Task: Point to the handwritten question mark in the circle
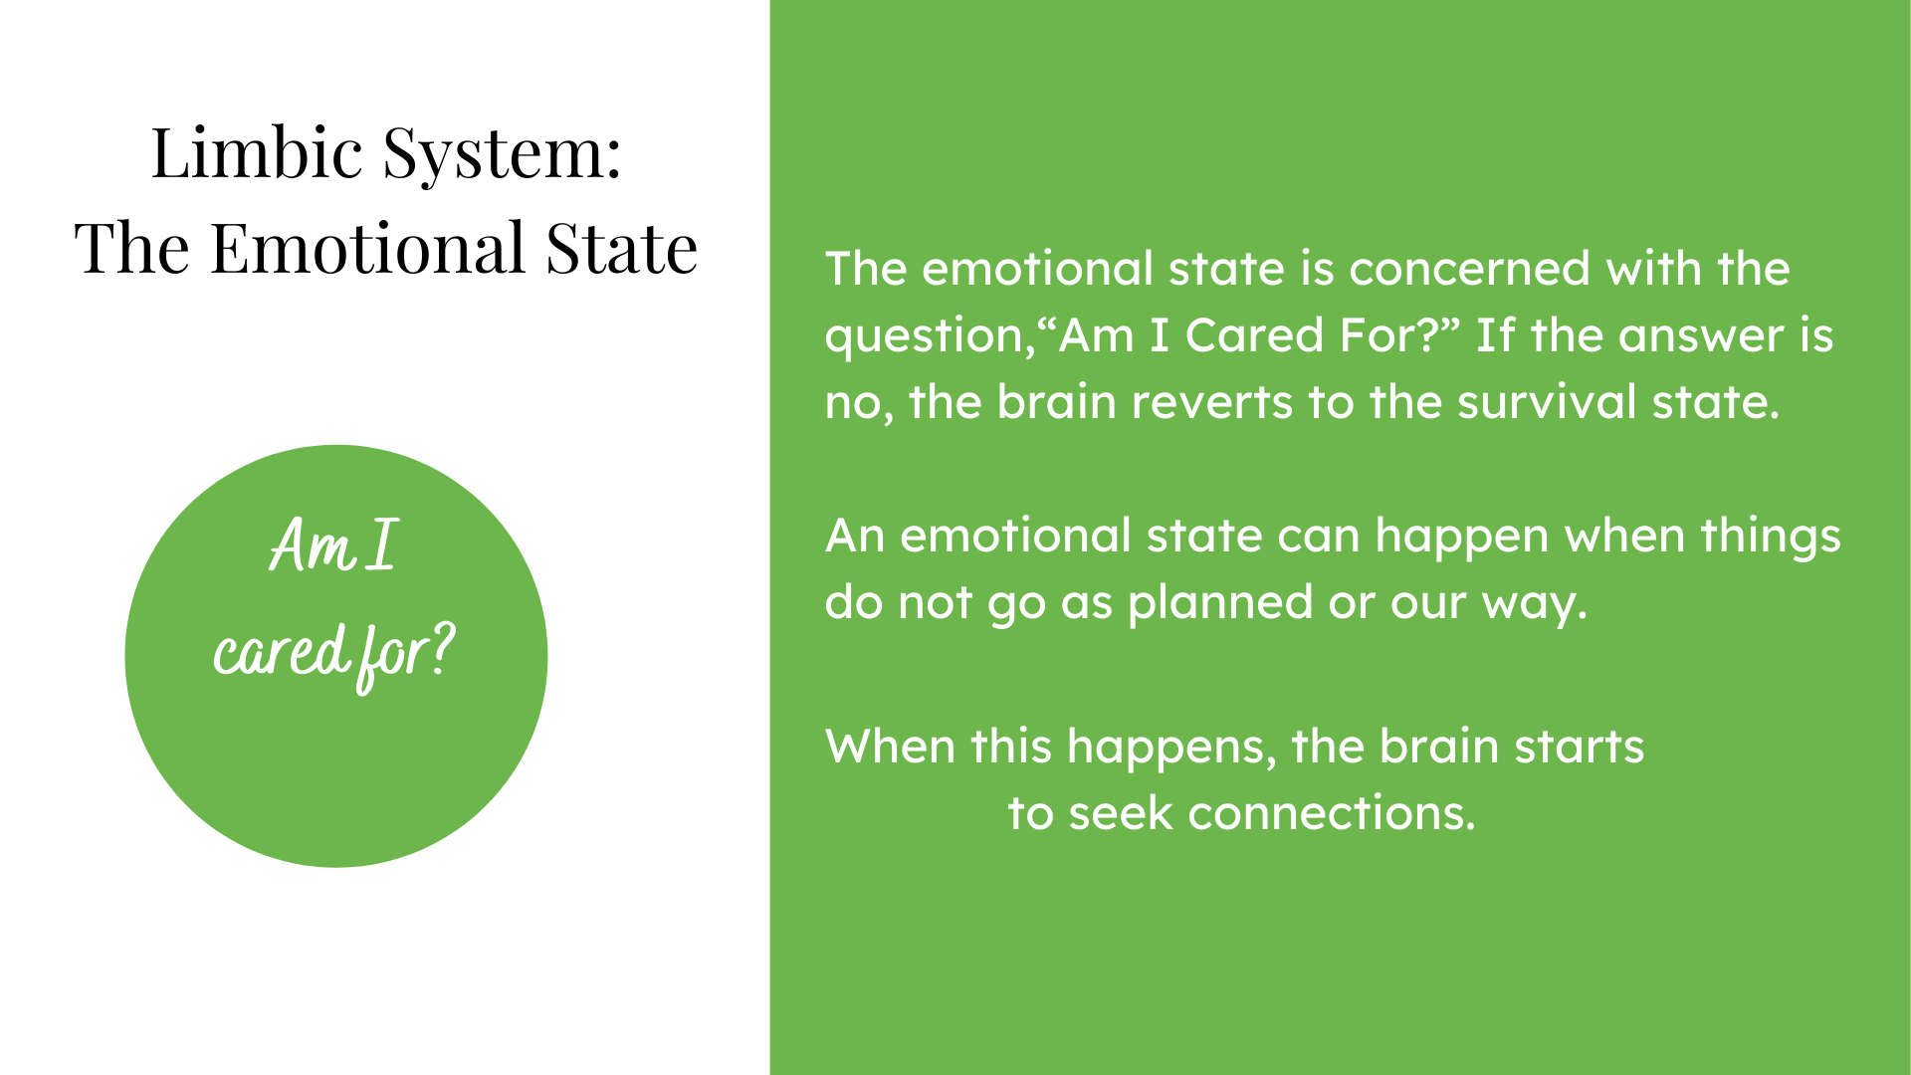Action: point(442,649)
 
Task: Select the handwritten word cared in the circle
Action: point(281,652)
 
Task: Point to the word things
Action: point(1771,537)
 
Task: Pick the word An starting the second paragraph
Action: point(855,536)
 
